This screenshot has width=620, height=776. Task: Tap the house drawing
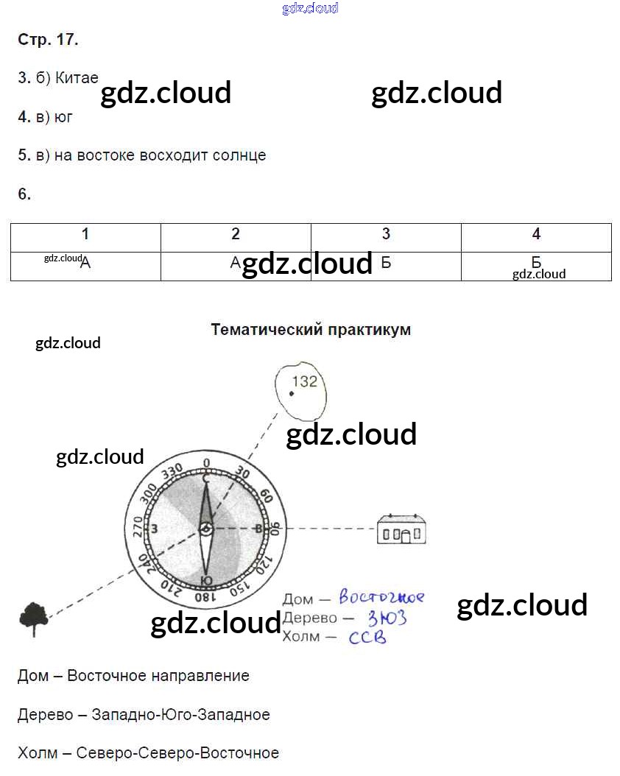(401, 529)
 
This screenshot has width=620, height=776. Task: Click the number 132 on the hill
(304, 381)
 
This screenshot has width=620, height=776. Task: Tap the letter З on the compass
(154, 529)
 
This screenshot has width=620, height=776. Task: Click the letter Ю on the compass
(207, 580)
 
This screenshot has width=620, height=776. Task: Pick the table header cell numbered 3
(386, 235)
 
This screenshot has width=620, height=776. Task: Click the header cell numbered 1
(85, 235)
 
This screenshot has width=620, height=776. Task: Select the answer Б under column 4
(536, 263)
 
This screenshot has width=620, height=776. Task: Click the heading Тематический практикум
(311, 330)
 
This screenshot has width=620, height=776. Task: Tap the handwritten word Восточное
(381, 597)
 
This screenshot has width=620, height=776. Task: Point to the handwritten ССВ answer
(367, 637)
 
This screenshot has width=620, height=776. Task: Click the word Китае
(77, 78)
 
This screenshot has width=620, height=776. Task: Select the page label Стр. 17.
(48, 40)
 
